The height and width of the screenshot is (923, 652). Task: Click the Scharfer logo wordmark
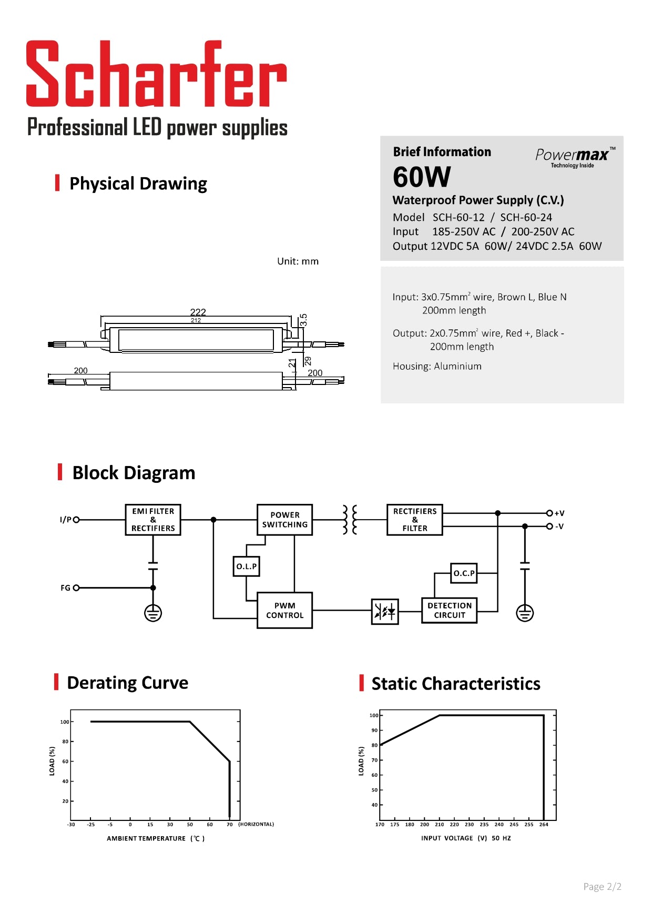(x=156, y=75)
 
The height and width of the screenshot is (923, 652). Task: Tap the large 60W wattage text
(x=422, y=177)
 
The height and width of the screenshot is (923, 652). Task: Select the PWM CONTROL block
(x=284, y=610)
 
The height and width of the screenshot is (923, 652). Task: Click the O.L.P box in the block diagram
(x=246, y=566)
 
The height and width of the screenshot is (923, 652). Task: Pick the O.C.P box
(x=464, y=573)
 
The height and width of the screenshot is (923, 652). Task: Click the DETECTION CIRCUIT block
(x=449, y=610)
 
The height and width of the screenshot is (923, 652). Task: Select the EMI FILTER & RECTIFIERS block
(x=153, y=520)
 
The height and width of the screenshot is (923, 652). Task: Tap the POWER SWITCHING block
(x=284, y=520)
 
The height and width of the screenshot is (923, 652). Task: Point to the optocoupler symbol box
(x=385, y=611)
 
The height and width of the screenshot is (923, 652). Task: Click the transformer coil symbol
(x=350, y=520)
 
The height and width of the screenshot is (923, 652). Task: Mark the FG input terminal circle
(x=76, y=587)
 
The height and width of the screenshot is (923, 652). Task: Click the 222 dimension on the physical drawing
(x=198, y=312)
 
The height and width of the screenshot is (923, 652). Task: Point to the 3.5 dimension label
(x=303, y=320)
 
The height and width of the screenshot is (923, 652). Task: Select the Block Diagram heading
(x=134, y=473)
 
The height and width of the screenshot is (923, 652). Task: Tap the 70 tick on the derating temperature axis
(x=229, y=824)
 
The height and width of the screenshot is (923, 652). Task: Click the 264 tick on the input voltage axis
(x=544, y=825)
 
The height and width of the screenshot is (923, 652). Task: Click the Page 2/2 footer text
(x=602, y=887)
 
